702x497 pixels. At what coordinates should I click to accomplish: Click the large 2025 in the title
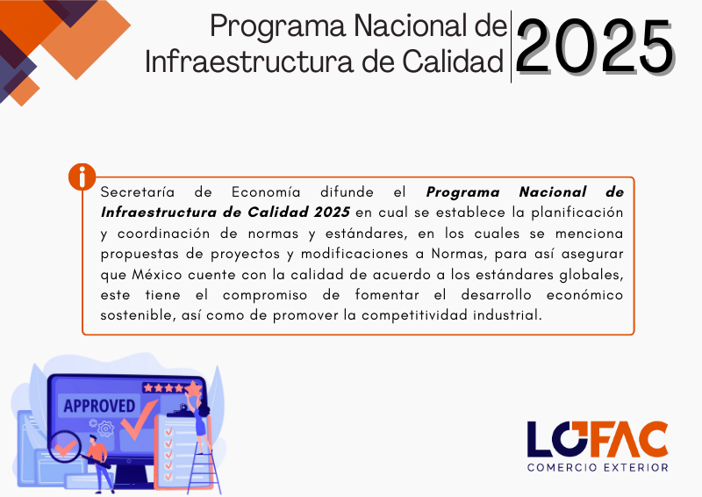click(x=596, y=47)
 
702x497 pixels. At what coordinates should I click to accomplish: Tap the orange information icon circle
click(x=82, y=176)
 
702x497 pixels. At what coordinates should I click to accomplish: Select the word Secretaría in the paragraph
click(x=138, y=191)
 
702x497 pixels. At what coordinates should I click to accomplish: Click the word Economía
click(x=266, y=191)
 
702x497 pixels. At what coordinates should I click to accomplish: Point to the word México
click(x=157, y=274)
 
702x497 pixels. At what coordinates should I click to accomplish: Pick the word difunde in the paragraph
click(x=347, y=191)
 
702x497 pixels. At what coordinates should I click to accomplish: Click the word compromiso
click(x=265, y=295)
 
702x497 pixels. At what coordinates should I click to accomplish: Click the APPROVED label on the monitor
click(x=99, y=406)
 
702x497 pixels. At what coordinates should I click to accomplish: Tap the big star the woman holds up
click(x=193, y=389)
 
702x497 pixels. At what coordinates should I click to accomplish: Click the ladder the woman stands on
click(x=204, y=468)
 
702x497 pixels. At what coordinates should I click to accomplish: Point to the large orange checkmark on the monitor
click(x=139, y=420)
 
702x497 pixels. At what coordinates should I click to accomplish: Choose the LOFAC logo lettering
click(x=598, y=438)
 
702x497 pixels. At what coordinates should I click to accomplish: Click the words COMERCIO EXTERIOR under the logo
click(x=598, y=467)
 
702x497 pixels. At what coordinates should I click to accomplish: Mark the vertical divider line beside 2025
click(x=511, y=47)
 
